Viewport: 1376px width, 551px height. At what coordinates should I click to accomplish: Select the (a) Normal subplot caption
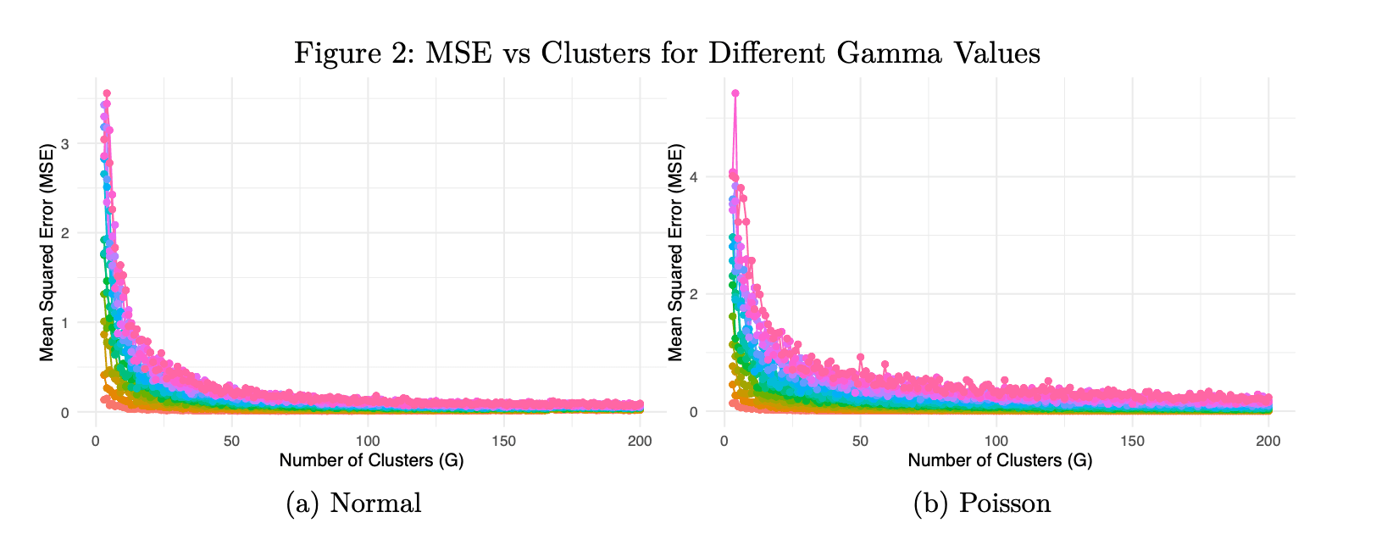353,504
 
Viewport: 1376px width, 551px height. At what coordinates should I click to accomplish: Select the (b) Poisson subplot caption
981,504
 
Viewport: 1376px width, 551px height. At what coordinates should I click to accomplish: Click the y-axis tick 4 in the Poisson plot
705,177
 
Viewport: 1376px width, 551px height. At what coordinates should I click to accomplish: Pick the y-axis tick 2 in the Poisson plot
705,294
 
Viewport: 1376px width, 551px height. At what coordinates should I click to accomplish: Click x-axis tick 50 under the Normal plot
231,441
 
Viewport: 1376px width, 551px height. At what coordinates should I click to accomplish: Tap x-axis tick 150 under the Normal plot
503,441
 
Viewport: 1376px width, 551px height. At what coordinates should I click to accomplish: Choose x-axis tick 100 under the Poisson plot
996,441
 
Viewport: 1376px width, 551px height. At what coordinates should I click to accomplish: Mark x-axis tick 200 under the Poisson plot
1268,441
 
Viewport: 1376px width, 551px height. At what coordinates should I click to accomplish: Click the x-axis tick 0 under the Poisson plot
724,441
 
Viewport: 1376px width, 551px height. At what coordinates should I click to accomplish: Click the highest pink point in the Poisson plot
735,93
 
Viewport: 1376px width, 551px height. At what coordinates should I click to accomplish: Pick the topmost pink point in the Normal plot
107,93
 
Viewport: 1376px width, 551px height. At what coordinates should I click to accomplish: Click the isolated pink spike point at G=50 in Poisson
860,357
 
